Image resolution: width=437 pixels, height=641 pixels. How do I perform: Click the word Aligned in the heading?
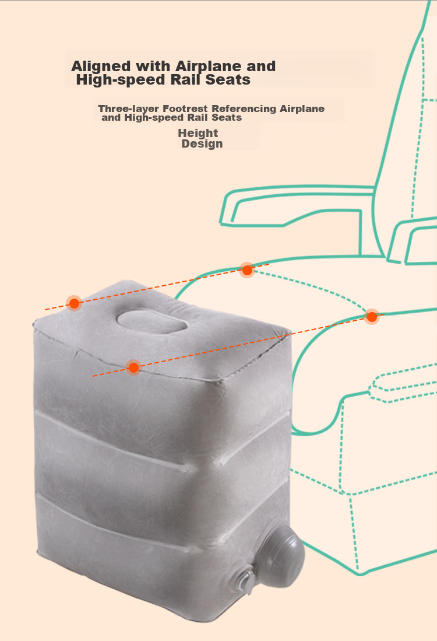(x=101, y=66)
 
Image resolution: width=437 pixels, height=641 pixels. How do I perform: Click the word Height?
(x=198, y=133)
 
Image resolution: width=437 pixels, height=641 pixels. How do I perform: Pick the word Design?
(x=202, y=144)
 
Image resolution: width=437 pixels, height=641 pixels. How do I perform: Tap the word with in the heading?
(x=153, y=66)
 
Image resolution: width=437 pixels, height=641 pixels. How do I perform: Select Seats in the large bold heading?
(x=228, y=80)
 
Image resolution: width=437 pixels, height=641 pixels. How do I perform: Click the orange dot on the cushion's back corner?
(x=74, y=303)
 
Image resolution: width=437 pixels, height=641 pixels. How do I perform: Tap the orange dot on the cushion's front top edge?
(x=133, y=367)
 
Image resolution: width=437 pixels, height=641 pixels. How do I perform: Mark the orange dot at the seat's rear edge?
(x=247, y=270)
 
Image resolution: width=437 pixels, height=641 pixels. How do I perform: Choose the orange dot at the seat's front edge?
(x=372, y=317)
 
